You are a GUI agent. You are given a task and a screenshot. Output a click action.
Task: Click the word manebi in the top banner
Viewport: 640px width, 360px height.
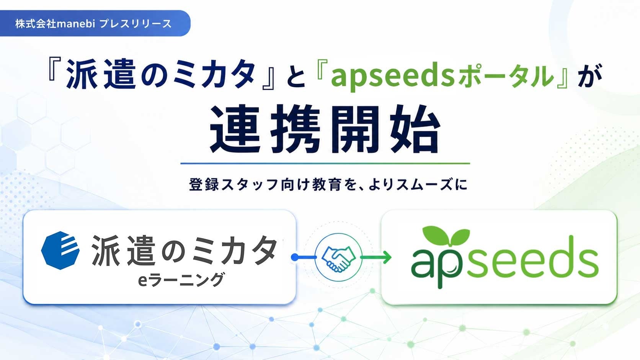coord(76,24)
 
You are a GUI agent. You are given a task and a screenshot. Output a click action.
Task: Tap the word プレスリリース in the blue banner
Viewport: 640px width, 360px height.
coord(136,24)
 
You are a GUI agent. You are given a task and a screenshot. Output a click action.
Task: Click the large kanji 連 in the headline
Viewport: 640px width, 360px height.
coord(235,129)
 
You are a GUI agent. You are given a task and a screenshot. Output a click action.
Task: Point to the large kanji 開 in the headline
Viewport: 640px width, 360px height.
coord(356,129)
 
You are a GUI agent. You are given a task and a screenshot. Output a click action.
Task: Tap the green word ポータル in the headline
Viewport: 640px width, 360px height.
coord(505,76)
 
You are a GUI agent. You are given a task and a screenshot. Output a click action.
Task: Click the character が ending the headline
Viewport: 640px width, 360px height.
coord(589,75)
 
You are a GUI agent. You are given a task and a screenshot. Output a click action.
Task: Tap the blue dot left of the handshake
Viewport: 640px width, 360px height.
coord(295,257)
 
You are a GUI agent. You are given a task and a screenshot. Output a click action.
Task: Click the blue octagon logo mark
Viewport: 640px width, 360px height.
coord(60,250)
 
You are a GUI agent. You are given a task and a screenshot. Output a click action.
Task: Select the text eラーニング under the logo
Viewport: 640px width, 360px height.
coord(181,280)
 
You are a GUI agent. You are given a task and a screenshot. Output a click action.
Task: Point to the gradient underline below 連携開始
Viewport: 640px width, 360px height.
coord(325,164)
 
